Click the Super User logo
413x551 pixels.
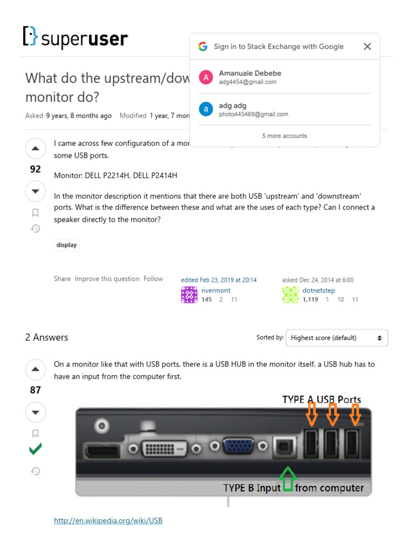75,37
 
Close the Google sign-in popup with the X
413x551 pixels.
367,46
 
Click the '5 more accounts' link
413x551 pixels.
284,136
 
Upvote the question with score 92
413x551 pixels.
35,149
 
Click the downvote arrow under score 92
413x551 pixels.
35,191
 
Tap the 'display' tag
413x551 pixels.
67,245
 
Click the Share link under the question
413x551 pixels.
62,279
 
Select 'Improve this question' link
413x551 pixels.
107,279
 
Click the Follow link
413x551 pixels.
153,279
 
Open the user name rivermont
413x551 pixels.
216,291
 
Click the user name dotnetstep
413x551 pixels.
318,291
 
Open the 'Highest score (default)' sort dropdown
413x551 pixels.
337,338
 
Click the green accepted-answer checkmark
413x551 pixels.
35,449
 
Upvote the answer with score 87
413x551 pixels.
35,369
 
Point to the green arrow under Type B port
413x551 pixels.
288,478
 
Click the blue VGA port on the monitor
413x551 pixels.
239,447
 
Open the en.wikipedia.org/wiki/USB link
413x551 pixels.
108,520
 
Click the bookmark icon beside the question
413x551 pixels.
35,213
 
